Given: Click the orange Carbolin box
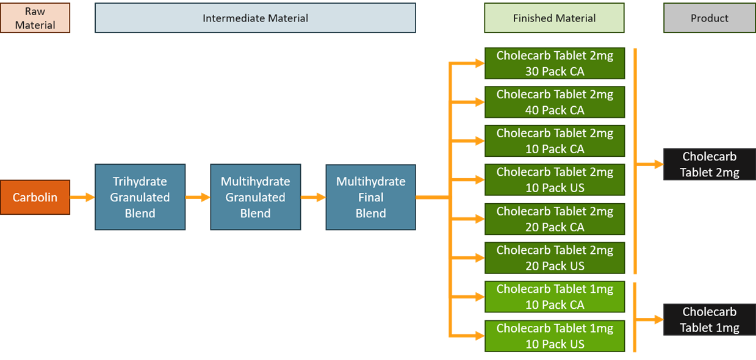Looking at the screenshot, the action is coord(35,197).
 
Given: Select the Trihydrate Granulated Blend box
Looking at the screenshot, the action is coord(140,197).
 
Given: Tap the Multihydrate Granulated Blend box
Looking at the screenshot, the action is coord(256,197).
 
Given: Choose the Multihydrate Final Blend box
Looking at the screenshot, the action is coord(370,197).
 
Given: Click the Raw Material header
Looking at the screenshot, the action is coord(35,18).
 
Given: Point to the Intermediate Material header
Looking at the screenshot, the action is coord(255,18).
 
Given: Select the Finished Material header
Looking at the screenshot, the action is coord(554,18).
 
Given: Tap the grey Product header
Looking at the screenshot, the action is coord(710,18).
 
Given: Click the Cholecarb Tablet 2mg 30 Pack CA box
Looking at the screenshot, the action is coord(555,63).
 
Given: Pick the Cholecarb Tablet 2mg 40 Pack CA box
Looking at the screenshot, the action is coord(555,103).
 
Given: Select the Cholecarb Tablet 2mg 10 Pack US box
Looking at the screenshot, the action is coord(555,180).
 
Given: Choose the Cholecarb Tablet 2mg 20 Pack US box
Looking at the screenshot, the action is coord(555,257).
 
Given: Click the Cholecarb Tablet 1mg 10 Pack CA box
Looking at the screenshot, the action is coord(555,297).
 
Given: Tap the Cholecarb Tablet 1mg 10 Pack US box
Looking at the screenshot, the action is coord(555,336).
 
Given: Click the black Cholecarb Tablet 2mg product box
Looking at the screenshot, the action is coord(710,164).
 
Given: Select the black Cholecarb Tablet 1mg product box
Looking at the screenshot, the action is coord(710,320).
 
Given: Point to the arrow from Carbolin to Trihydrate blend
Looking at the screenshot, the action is coord(82,197).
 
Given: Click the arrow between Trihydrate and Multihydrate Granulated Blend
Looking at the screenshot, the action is coord(198,197).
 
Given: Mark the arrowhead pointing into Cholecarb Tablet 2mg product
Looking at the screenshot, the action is coord(659,164).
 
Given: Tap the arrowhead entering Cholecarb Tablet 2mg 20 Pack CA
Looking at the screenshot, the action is coord(480,219).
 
